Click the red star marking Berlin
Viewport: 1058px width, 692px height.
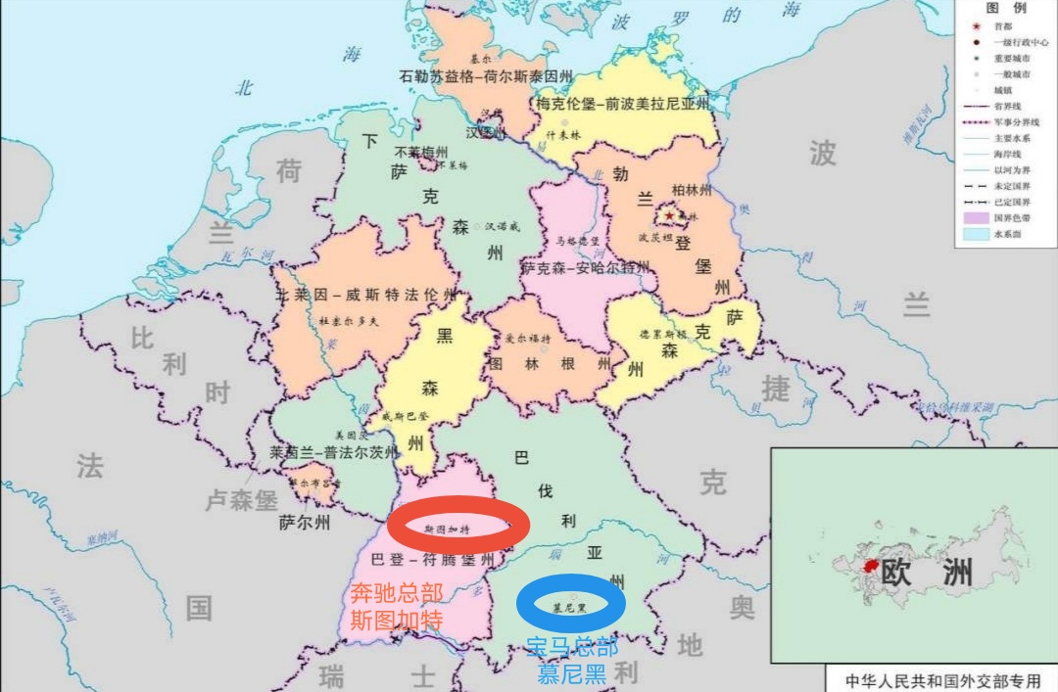[x=670, y=214]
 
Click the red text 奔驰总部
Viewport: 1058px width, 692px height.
[x=397, y=593]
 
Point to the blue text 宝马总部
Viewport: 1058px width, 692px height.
[x=572, y=647]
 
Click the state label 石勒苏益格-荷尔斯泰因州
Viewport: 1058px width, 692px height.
[x=486, y=76]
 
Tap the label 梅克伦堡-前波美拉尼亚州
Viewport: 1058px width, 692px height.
[x=623, y=103]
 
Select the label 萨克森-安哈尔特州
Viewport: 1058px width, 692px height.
[x=585, y=267]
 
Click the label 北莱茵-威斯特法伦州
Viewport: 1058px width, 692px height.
[x=365, y=294]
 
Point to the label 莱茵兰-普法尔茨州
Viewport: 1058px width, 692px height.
[x=334, y=452]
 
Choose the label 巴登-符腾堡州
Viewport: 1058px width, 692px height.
[x=438, y=560]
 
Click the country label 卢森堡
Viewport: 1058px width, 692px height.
[x=241, y=500]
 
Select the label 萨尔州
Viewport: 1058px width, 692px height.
[x=304, y=522]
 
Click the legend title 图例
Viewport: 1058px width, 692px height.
[x=1006, y=9]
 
